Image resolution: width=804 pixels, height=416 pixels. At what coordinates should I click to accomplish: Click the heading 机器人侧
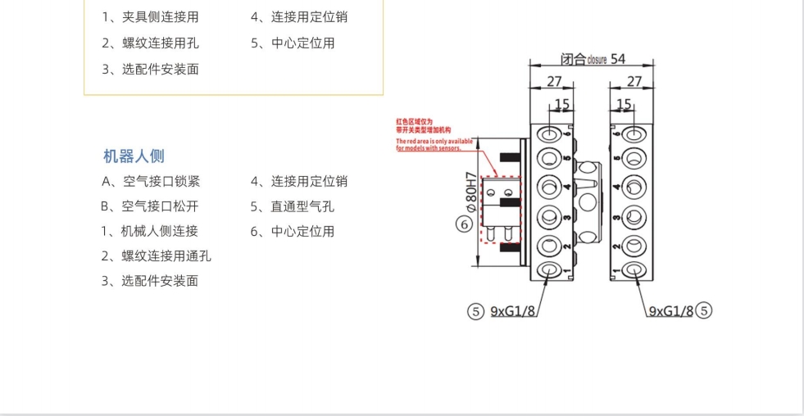(x=134, y=156)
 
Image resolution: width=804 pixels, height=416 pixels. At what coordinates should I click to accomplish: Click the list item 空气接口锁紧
(x=150, y=182)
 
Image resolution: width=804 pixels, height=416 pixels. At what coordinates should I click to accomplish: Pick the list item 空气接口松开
(x=150, y=206)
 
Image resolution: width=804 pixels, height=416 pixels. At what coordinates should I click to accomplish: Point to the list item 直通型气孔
(x=293, y=206)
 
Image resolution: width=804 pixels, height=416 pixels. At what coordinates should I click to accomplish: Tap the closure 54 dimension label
(x=593, y=60)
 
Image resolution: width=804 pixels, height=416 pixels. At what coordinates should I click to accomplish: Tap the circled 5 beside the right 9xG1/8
(x=704, y=311)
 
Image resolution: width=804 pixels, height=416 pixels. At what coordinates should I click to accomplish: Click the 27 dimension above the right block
(x=634, y=82)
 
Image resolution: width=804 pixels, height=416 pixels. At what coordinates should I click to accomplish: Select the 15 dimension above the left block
(x=562, y=104)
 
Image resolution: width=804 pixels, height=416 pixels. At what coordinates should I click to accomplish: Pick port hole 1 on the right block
(x=633, y=270)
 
